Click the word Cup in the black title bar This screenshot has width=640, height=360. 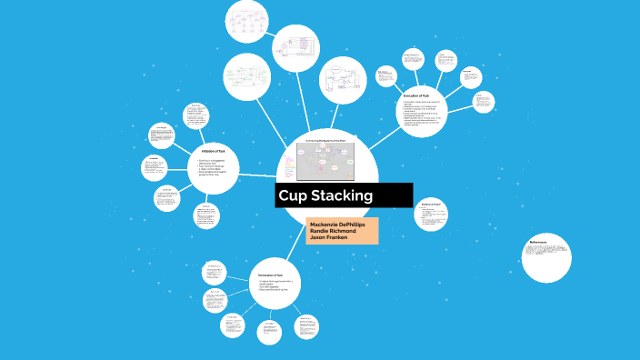[295, 195]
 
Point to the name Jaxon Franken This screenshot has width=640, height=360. [333, 239]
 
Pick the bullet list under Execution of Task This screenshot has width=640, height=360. [422, 113]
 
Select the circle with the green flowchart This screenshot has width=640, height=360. [246, 76]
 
